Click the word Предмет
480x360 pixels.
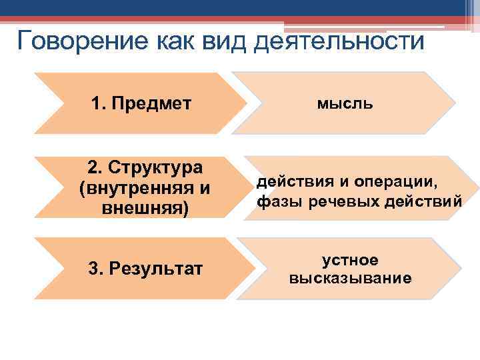(151, 103)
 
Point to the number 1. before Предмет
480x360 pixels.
(99, 103)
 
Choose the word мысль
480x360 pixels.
(345, 103)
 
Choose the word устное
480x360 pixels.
(350, 259)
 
